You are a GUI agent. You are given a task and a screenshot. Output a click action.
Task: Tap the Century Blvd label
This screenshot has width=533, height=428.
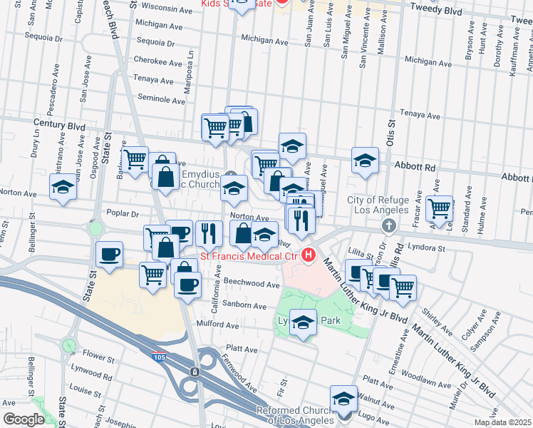[54, 123]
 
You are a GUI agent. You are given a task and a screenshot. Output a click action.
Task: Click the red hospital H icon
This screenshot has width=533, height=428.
[309, 254]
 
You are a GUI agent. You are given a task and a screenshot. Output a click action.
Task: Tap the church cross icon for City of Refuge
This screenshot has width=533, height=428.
[389, 226]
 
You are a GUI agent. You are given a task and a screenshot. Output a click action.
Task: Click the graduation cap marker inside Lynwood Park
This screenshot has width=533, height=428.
[304, 324]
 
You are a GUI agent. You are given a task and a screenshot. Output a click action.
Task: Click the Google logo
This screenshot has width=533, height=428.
[23, 419]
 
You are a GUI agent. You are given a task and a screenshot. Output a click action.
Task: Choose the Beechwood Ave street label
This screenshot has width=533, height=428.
[254, 284]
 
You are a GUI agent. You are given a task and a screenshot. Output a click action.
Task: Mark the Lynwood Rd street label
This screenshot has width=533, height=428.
[91, 376]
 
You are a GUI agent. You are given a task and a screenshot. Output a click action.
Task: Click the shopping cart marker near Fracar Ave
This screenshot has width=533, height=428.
[439, 208]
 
